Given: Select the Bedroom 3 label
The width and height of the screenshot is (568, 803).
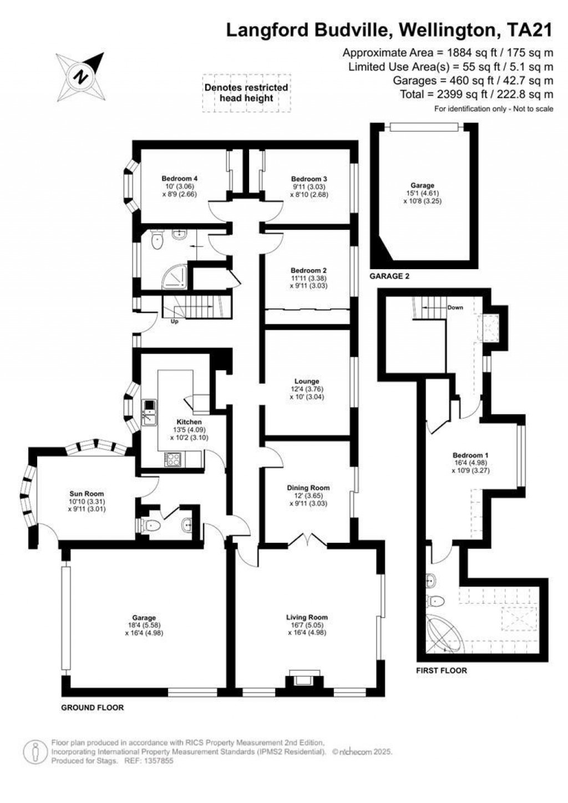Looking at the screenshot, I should point(309,179).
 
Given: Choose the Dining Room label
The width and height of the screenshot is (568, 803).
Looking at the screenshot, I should point(308,488).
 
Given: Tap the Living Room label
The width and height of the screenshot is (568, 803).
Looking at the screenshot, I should point(307,617).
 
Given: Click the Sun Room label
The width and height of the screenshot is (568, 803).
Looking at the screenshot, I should point(87,493).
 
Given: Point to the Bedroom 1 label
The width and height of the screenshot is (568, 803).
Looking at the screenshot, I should point(470,454).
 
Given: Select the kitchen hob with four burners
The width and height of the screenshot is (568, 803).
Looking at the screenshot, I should point(173,458).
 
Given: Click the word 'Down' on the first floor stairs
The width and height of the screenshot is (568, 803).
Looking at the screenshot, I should point(455,307).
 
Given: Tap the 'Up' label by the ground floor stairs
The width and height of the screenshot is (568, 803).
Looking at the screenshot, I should point(174,322).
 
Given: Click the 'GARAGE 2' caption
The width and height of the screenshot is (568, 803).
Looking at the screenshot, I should point(389,276).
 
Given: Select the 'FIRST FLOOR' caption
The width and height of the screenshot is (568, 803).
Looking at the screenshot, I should point(442,670).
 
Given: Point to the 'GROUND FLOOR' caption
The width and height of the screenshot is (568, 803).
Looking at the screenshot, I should point(92,708).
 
